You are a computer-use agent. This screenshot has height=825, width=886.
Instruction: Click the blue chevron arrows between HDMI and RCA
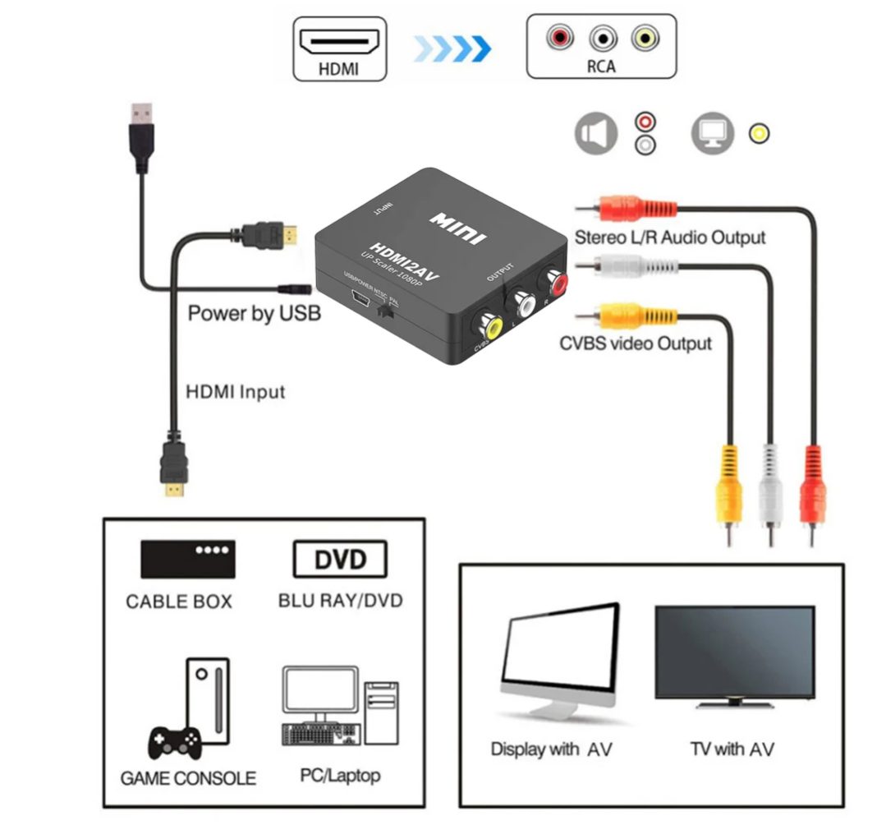pos(452,48)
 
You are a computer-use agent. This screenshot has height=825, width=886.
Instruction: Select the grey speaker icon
pos(596,134)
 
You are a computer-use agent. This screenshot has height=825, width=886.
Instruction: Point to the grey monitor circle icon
pos(712,133)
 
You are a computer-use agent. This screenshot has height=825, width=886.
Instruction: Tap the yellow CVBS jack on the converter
pos(492,326)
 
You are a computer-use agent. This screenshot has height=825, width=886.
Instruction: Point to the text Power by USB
pos(254,313)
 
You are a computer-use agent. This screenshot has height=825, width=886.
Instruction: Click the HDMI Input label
pos(236,391)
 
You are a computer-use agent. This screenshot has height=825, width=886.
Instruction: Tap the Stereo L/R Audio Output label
pos(669,237)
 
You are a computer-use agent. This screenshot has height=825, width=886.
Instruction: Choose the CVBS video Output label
pos(636,343)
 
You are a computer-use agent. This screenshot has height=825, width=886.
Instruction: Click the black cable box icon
pos(188,559)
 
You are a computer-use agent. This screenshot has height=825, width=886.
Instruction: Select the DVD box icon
pos(340,559)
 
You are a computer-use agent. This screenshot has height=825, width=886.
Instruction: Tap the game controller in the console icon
pos(174,743)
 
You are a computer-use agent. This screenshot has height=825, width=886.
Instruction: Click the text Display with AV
pos(551,749)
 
